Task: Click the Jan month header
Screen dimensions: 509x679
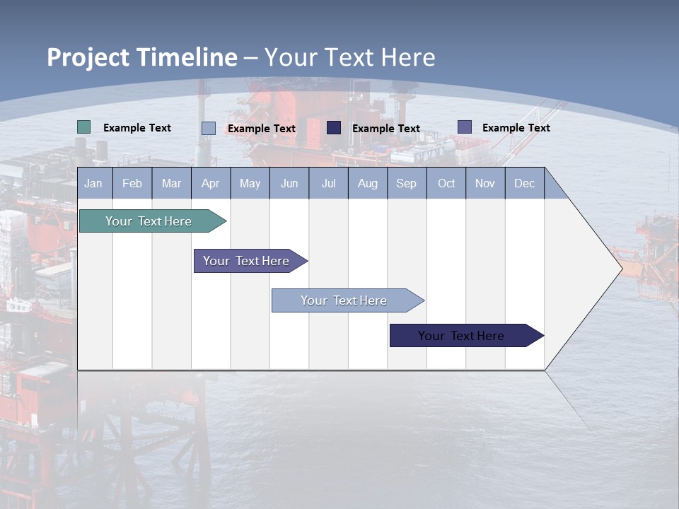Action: click(93, 184)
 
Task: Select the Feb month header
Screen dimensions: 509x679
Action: click(132, 184)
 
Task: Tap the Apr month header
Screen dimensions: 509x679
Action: click(210, 184)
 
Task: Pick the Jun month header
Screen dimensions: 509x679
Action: click(289, 184)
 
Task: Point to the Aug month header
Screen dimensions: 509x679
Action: click(367, 184)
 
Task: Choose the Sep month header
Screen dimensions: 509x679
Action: click(406, 184)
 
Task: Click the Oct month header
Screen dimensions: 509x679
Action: click(446, 184)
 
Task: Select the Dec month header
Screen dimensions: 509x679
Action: click(524, 184)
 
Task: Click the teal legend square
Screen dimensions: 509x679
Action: click(84, 127)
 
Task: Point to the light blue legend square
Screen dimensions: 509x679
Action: click(209, 128)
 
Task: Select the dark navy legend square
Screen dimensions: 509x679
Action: click(334, 128)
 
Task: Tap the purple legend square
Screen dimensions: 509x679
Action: click(465, 127)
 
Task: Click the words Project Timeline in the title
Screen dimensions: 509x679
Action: click(142, 57)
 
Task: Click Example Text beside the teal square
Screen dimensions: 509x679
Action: click(137, 128)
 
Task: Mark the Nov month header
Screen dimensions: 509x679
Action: click(485, 184)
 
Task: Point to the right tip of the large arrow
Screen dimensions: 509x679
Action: click(620, 269)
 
